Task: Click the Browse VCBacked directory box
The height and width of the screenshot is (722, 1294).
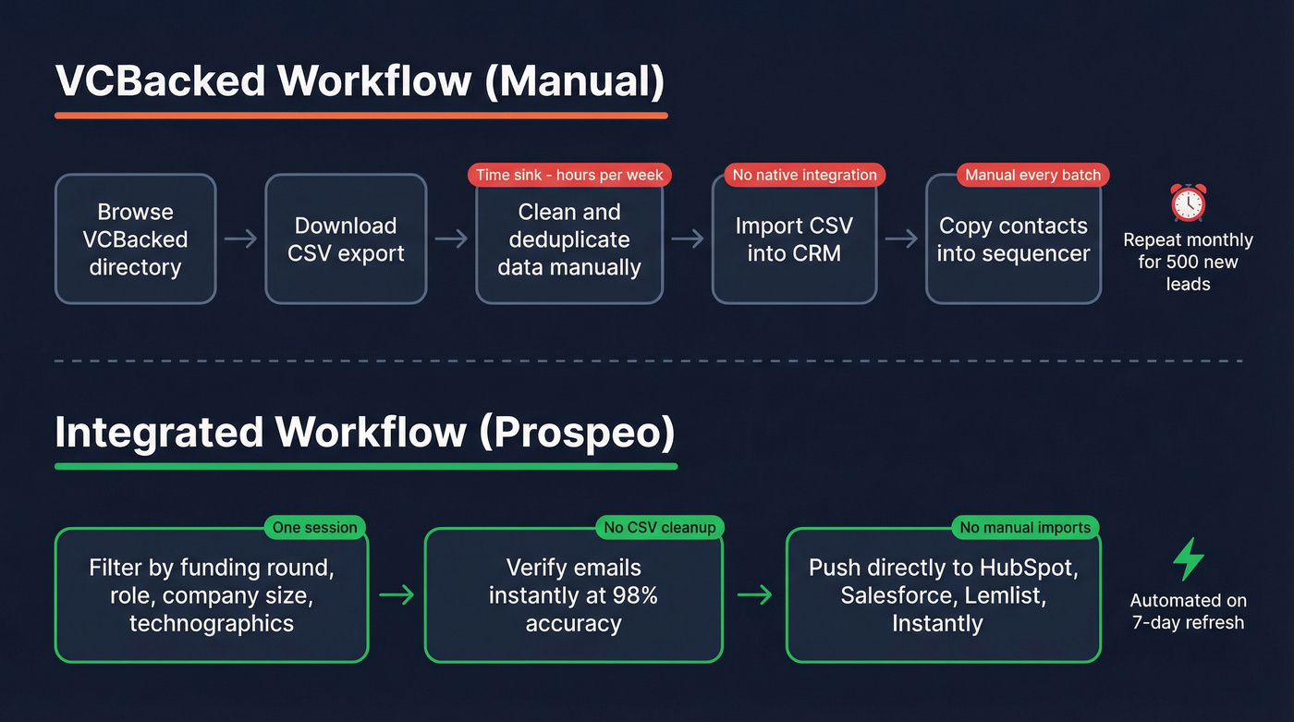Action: (135, 239)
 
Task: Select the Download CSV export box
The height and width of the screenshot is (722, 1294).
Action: (346, 239)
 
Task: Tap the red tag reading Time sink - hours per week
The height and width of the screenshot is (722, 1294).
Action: (569, 175)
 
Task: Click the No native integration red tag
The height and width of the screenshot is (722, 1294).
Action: (804, 175)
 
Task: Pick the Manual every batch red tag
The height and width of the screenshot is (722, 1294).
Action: (1032, 175)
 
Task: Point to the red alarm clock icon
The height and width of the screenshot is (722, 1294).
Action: (1188, 202)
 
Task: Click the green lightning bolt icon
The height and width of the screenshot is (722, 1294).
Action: (1188, 559)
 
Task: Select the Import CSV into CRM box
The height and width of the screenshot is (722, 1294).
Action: (794, 239)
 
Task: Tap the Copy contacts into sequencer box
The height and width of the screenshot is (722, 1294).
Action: (1013, 239)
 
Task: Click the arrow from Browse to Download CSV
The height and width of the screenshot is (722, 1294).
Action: (241, 239)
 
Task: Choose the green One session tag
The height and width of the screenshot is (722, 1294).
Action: (314, 528)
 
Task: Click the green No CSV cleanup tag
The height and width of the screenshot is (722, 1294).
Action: (660, 528)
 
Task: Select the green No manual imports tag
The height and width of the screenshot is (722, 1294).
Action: (1025, 528)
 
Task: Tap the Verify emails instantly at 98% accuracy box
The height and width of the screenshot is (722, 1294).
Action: (573, 595)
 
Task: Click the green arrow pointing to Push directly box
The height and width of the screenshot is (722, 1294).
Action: (754, 595)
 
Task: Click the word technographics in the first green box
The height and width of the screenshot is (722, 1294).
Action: (212, 623)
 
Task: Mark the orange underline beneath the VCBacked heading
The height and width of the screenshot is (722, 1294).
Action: (360, 116)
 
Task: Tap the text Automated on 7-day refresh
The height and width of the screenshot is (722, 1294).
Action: (1188, 611)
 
